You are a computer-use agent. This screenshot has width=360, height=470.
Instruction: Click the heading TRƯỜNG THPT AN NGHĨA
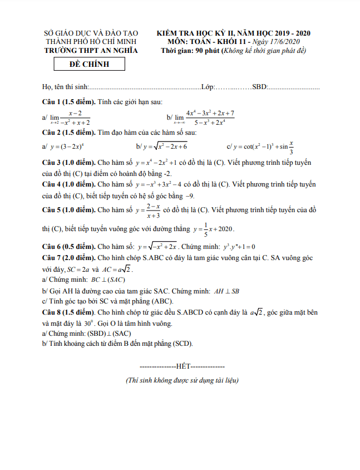click(91, 51)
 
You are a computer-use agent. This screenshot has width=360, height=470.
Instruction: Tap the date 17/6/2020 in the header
click(285, 42)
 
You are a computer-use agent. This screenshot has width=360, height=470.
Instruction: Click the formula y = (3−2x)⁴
click(66, 146)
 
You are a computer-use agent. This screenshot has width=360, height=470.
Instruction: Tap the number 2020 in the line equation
click(225, 228)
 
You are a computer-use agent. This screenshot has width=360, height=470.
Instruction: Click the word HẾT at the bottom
click(183, 366)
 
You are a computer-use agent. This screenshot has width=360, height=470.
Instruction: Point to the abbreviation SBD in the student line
click(259, 87)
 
